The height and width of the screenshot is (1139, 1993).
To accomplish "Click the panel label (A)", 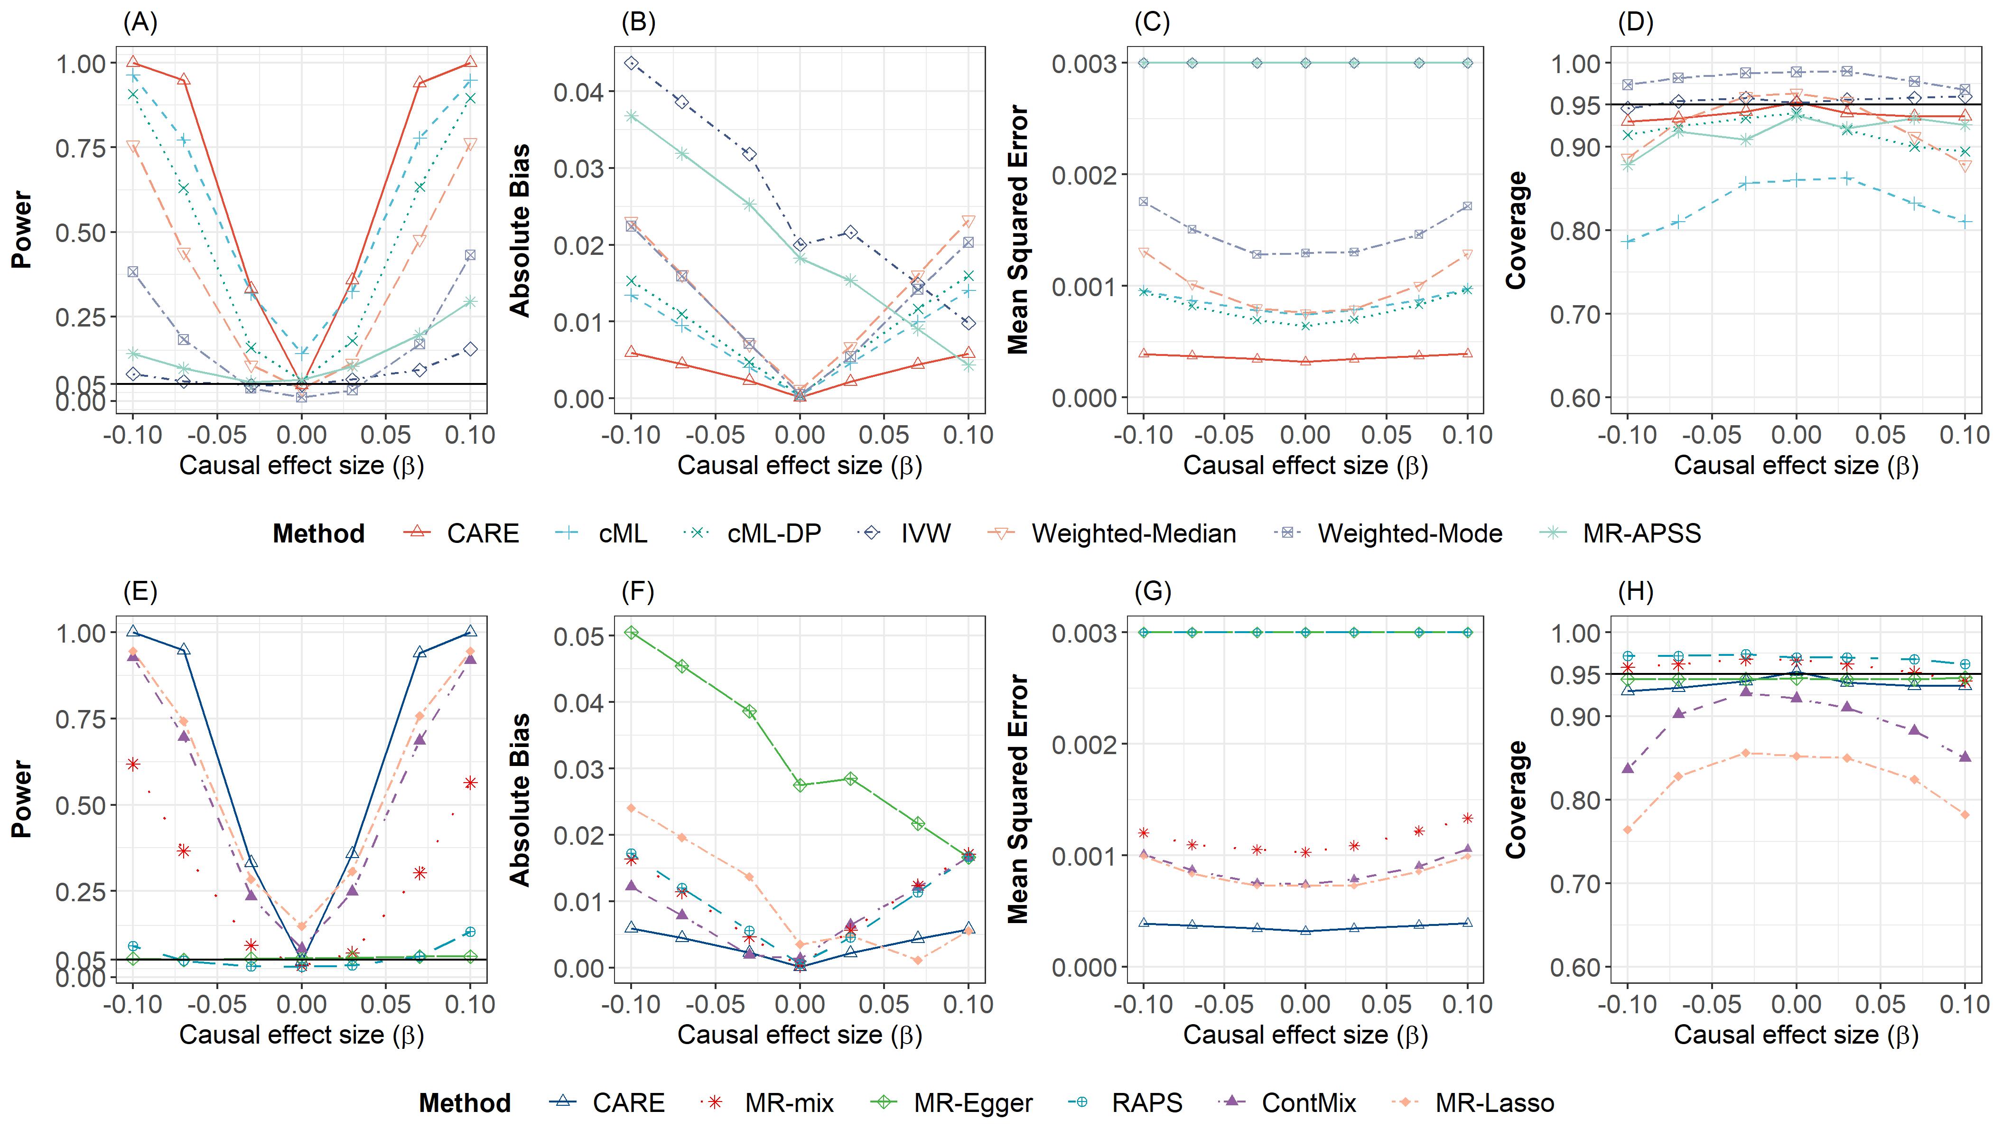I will tap(140, 23).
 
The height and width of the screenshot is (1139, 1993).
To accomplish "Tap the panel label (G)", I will tap(1152, 592).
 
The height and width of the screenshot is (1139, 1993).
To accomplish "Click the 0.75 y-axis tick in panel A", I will tap(81, 148).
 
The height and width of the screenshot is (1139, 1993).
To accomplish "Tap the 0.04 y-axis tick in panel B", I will tap(579, 93).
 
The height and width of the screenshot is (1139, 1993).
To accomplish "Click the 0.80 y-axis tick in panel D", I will tap(1575, 231).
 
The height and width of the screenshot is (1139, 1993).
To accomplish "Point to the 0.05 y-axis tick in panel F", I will tap(579, 636).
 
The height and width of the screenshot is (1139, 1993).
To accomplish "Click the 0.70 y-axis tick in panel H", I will tap(1575, 884).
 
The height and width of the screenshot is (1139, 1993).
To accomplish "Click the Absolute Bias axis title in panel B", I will tap(520, 230).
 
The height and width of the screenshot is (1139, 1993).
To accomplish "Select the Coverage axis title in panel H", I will tap(1516, 800).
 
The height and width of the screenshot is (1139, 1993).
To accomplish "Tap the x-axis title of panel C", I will tap(1304, 466).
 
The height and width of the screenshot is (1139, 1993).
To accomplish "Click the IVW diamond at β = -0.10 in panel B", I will tap(632, 64).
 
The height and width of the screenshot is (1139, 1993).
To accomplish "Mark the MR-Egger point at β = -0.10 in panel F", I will tap(632, 632).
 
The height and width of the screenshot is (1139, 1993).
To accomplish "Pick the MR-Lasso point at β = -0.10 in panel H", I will tap(1628, 830).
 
